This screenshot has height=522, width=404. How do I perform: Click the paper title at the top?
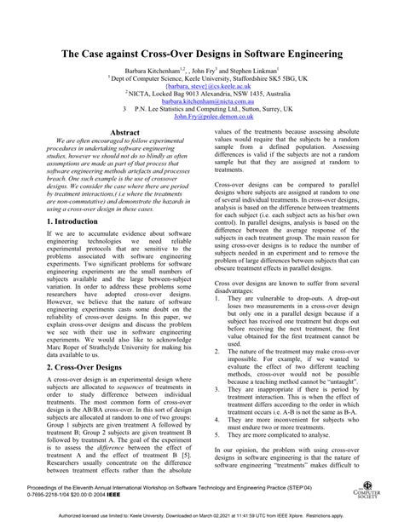click(x=202, y=54)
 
